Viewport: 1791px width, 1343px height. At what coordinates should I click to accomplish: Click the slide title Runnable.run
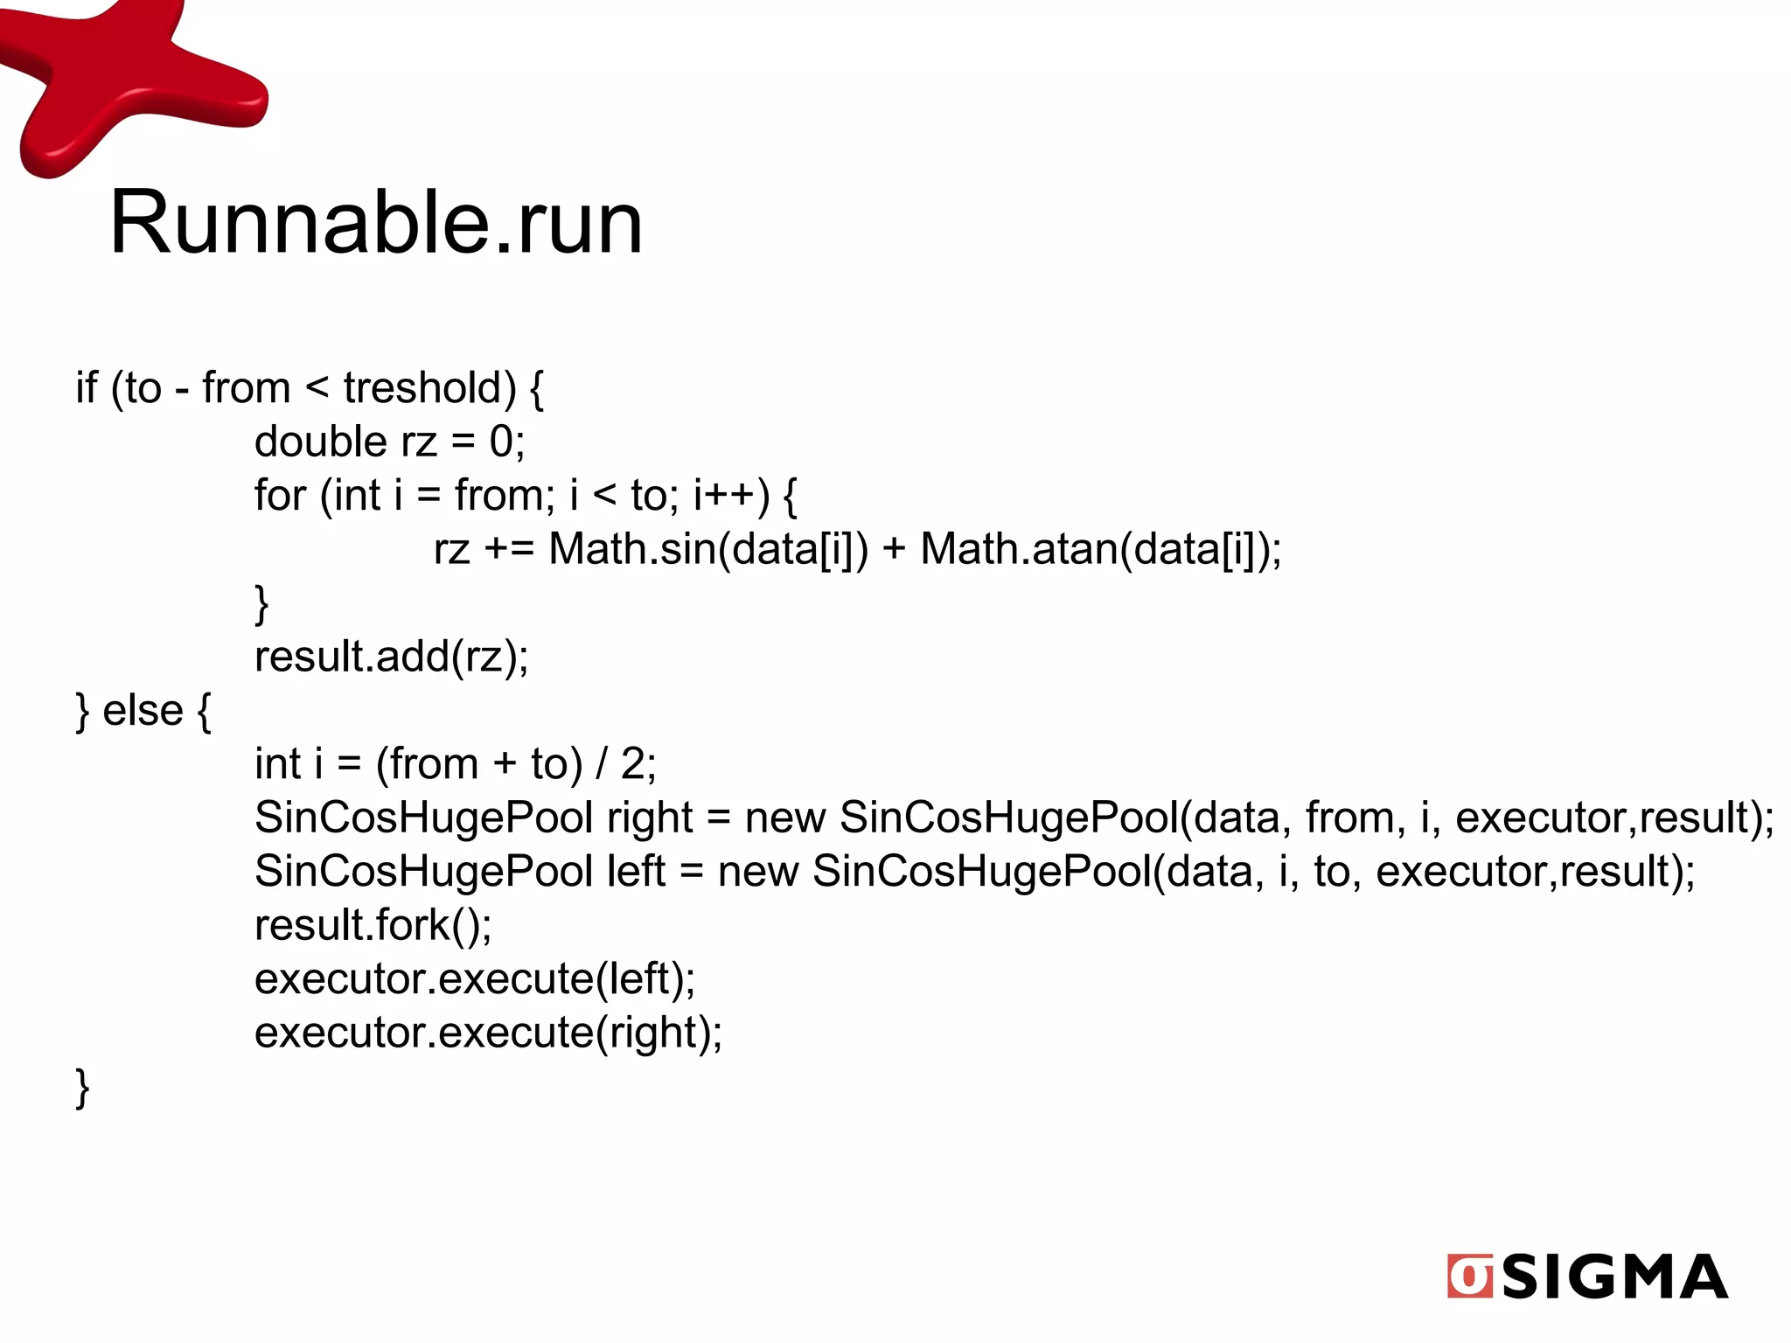coord(376,223)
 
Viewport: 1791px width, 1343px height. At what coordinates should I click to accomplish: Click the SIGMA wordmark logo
coord(1614,1277)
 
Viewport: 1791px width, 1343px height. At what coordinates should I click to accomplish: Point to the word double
coord(320,442)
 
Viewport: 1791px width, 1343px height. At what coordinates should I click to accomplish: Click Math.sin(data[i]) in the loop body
coord(708,550)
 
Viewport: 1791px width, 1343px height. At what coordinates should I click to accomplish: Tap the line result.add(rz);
coord(391,657)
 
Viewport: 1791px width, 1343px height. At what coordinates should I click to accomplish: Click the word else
coord(143,711)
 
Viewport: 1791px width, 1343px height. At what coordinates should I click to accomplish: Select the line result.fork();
coord(373,926)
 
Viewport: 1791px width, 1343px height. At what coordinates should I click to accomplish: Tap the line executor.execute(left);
coord(474,979)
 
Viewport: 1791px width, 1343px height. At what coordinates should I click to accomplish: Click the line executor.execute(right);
coord(488,1033)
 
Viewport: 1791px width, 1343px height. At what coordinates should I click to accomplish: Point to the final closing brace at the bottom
coord(83,1088)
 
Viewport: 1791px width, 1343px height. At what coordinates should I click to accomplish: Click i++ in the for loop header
coord(731,496)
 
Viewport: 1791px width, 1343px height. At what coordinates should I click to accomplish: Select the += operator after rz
coord(509,550)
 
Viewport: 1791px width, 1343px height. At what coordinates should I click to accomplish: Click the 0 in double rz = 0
coord(501,442)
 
